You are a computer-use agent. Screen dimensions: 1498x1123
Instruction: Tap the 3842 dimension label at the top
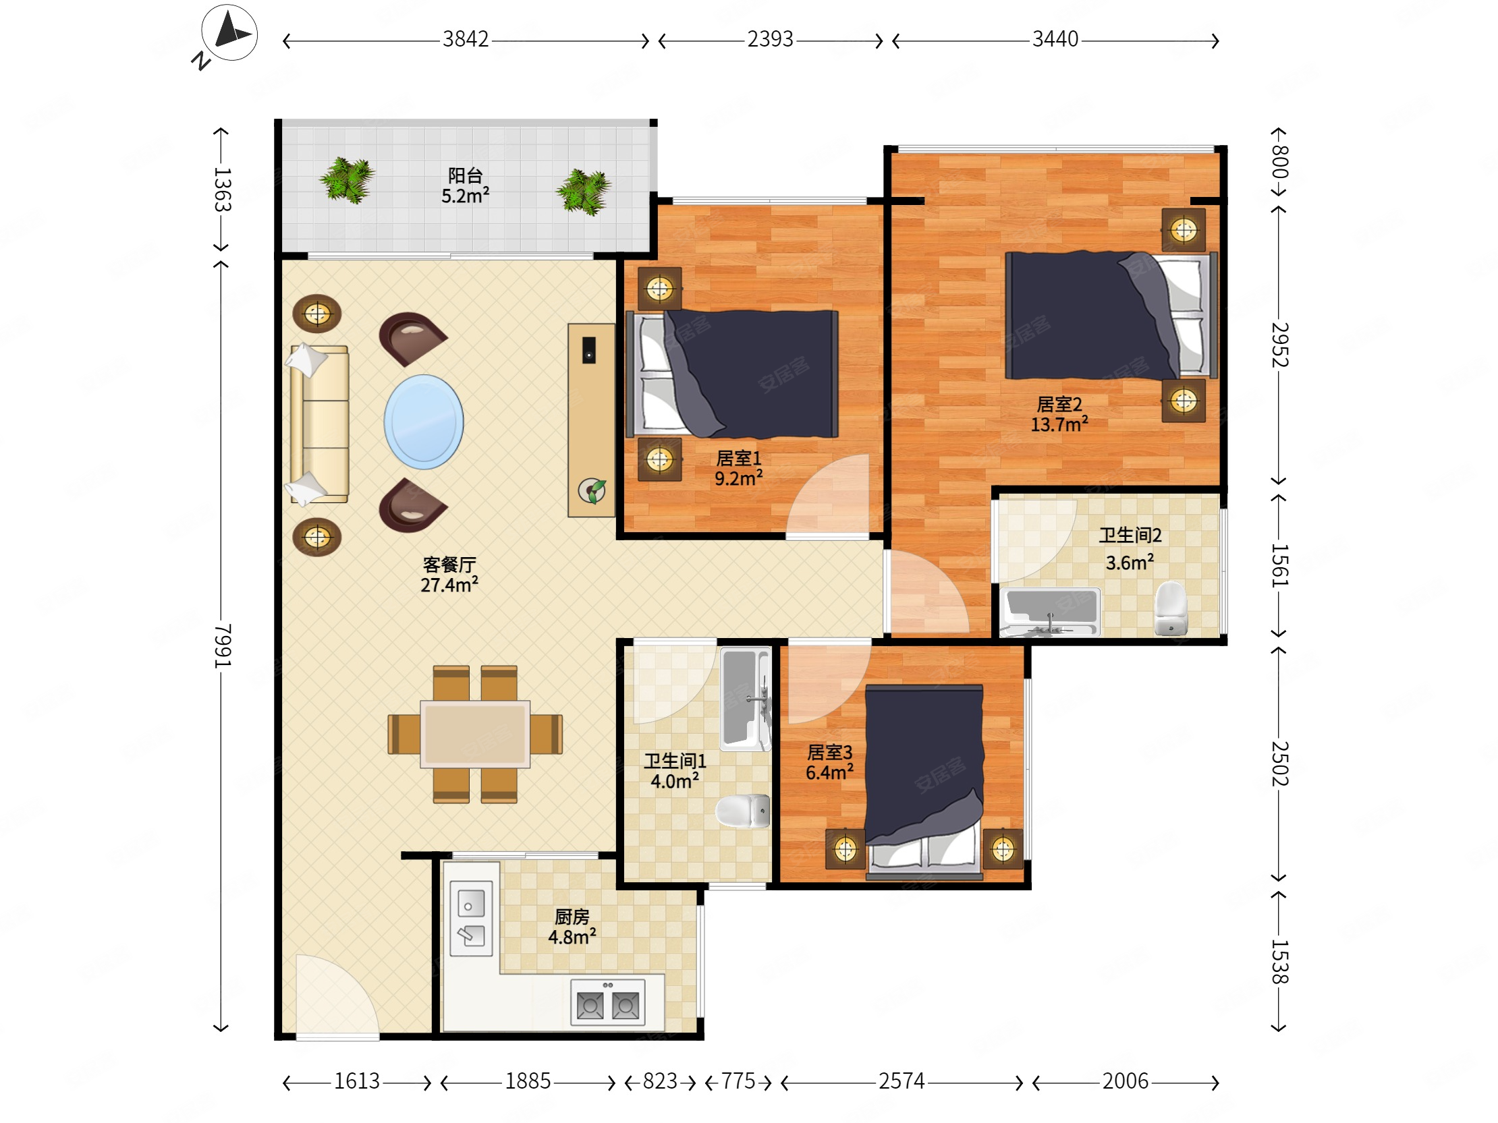[465, 39]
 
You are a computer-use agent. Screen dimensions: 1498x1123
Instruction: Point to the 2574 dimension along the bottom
[901, 1081]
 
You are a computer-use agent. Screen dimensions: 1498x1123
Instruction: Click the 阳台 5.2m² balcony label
[465, 186]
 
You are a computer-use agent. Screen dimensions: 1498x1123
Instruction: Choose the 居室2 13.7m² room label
[1059, 414]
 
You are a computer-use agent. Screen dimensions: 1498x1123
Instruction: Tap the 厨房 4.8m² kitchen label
[572, 927]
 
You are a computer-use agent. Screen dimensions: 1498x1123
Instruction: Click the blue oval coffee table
[424, 422]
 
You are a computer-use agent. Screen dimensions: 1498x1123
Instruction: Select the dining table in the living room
[475, 735]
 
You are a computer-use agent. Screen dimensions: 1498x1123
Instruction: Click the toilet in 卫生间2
[1171, 608]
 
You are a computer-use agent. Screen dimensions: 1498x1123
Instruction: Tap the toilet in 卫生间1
[743, 811]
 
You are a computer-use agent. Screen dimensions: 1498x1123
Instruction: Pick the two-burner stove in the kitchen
[607, 1002]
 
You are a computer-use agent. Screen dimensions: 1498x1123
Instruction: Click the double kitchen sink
[472, 918]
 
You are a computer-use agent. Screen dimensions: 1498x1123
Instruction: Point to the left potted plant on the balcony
[348, 179]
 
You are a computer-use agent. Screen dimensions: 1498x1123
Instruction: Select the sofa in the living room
[319, 424]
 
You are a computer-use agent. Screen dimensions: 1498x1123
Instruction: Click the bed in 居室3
[924, 782]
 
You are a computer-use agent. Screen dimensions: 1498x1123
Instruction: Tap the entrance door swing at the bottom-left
[337, 995]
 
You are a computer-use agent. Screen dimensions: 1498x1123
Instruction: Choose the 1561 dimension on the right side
[1279, 565]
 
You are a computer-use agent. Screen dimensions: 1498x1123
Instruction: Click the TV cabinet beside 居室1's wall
[591, 420]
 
